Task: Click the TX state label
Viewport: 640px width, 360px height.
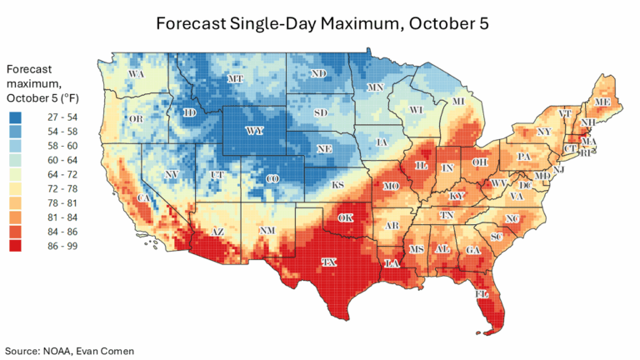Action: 330,262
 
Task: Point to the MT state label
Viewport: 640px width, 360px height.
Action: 237,79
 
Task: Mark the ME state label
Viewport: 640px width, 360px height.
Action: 601,102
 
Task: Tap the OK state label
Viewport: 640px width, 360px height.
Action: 345,217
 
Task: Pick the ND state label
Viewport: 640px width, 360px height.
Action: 318,74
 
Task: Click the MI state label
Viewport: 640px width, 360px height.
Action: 457,102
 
